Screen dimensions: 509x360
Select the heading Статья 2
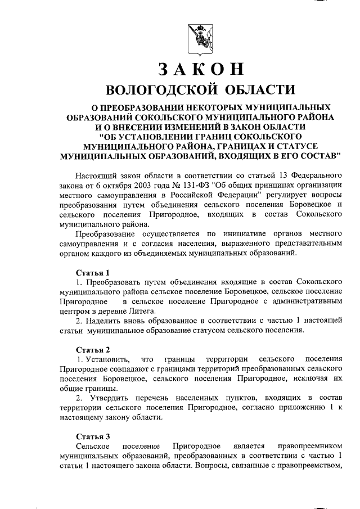point(93,349)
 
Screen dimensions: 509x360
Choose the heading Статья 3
point(93,435)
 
